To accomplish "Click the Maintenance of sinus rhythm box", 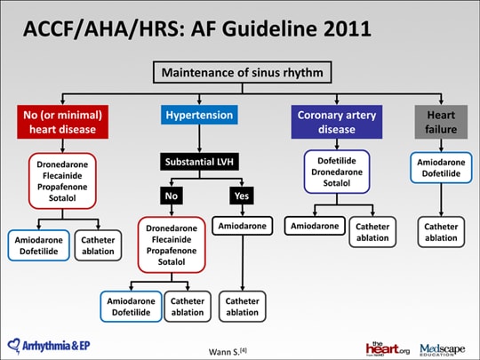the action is click(x=242, y=72).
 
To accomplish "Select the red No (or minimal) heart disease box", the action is click(x=63, y=122).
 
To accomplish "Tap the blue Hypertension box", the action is click(x=199, y=115).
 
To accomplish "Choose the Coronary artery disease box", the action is click(x=337, y=122).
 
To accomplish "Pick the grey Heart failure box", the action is click(x=441, y=122).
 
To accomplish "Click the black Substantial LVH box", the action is click(x=199, y=162).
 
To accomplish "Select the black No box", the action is click(x=172, y=196).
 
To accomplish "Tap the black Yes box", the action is click(x=242, y=196).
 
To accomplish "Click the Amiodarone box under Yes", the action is click(x=242, y=226).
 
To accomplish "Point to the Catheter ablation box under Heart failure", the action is click(x=441, y=232).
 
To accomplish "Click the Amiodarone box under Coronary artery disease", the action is click(x=315, y=226).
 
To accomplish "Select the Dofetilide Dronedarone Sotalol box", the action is click(x=337, y=172).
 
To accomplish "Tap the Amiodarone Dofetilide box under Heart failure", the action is click(x=441, y=168).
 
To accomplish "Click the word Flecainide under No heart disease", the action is click(x=62, y=176).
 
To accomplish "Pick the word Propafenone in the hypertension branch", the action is click(x=172, y=251).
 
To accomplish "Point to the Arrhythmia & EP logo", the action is click(x=49, y=346).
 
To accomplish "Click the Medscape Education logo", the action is click(x=443, y=349).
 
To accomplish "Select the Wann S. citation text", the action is click(x=228, y=351).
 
